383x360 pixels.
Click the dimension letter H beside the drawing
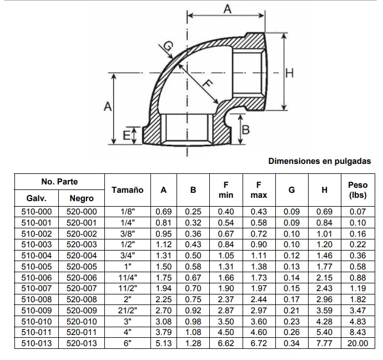pyautogui.click(x=289, y=73)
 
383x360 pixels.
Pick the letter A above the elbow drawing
pyautogui.click(x=226, y=8)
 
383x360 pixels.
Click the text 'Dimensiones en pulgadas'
pyautogui.click(x=319, y=162)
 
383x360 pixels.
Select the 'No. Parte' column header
pyautogui.click(x=59, y=182)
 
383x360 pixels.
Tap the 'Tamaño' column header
pyautogui.click(x=127, y=190)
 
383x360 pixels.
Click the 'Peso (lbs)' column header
pyautogui.click(x=357, y=190)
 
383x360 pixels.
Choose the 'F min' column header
pyautogui.click(x=226, y=190)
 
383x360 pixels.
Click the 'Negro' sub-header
pyautogui.click(x=82, y=198)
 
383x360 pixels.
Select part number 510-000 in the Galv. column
pyautogui.click(x=36, y=212)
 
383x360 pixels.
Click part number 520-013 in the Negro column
pyautogui.click(x=82, y=343)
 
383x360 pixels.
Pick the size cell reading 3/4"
pyautogui.click(x=127, y=256)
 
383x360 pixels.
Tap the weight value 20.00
pyautogui.click(x=357, y=343)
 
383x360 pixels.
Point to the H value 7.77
pyautogui.click(x=324, y=343)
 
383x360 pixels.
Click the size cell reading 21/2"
pyautogui.click(x=127, y=311)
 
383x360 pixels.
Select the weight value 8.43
pyautogui.click(x=357, y=332)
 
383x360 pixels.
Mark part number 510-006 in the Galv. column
pyautogui.click(x=36, y=278)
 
